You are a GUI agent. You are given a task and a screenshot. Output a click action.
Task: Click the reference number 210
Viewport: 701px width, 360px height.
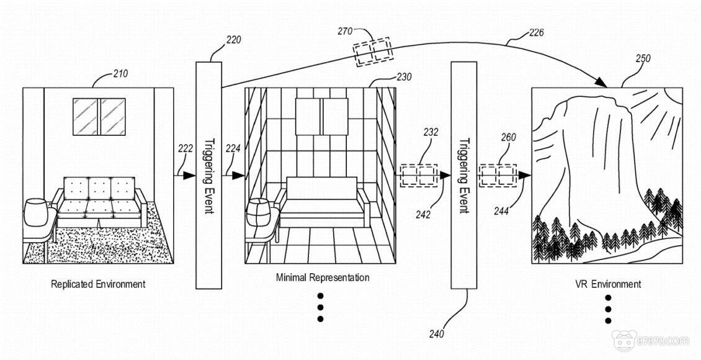click(x=120, y=74)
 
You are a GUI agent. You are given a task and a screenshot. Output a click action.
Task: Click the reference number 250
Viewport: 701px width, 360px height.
click(x=643, y=58)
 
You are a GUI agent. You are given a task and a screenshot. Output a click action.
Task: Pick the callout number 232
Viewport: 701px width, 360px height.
click(x=430, y=132)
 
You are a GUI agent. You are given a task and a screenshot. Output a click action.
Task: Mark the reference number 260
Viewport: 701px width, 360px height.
click(x=508, y=137)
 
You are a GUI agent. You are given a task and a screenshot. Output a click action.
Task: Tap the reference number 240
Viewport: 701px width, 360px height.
click(x=437, y=334)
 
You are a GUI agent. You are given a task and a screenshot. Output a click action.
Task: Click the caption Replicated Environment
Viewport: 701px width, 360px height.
click(x=98, y=284)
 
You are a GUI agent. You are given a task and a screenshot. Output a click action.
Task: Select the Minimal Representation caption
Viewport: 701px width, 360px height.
click(x=323, y=277)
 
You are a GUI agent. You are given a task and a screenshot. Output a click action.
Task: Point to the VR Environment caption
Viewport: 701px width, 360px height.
click(x=608, y=284)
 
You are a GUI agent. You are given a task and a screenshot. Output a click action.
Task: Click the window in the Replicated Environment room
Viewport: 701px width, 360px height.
click(x=99, y=116)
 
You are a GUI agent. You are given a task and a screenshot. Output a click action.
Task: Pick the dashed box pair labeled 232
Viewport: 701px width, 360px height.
click(x=419, y=175)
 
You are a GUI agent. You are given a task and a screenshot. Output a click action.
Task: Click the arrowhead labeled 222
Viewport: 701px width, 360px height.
click(x=189, y=176)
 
